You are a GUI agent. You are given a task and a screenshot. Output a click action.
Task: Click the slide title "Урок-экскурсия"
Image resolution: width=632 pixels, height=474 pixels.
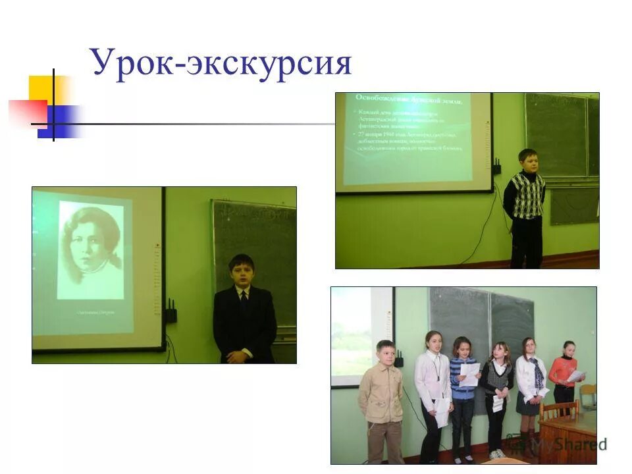(221, 64)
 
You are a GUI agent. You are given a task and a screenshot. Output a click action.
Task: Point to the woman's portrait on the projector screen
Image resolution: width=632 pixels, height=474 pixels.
(92, 250)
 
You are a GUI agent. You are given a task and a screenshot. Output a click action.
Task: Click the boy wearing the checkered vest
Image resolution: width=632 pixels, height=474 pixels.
(527, 204)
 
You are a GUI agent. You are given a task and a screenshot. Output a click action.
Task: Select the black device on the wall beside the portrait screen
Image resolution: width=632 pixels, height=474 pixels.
(171, 311)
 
